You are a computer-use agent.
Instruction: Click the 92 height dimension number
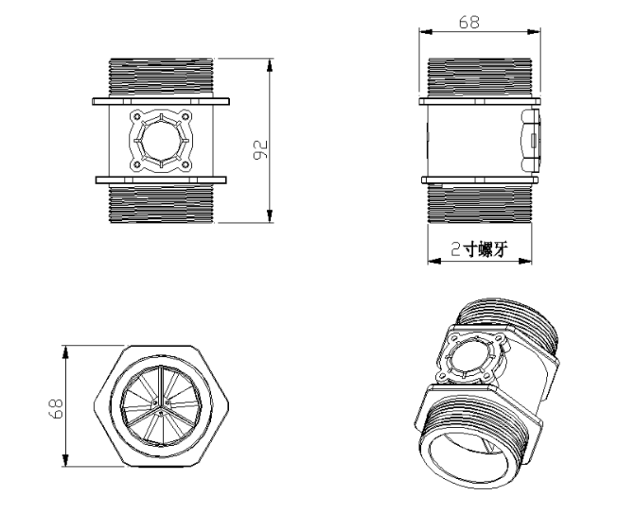[260, 148]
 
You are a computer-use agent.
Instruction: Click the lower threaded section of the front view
[161, 203]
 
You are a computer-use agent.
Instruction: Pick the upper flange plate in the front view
[161, 101]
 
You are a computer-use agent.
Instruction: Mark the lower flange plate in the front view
[161, 179]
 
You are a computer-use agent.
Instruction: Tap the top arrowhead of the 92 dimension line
[269, 63]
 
